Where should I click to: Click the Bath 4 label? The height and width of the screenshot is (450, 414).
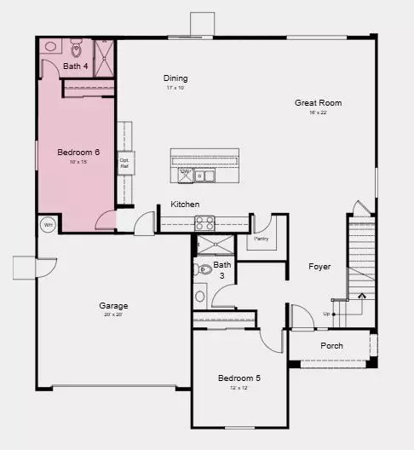[x=76, y=66]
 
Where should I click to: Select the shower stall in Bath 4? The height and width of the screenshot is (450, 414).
[x=103, y=55]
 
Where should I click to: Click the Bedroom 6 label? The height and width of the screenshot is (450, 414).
[x=78, y=153]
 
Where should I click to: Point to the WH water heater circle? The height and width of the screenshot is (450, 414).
[x=48, y=225]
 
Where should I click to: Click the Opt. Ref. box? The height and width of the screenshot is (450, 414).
[x=124, y=162]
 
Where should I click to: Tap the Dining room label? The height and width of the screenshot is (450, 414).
[x=175, y=78]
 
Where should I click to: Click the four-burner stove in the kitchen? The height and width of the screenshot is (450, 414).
[x=205, y=222]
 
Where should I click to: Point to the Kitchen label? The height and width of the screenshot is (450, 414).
[x=185, y=205]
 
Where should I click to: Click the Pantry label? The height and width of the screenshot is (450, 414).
[x=262, y=239]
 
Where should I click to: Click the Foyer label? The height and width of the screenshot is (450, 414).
[x=319, y=267]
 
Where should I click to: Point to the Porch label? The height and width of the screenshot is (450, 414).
[x=331, y=346]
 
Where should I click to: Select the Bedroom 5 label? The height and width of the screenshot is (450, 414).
[x=239, y=378]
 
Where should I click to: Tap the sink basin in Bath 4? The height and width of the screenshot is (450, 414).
[x=51, y=48]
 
